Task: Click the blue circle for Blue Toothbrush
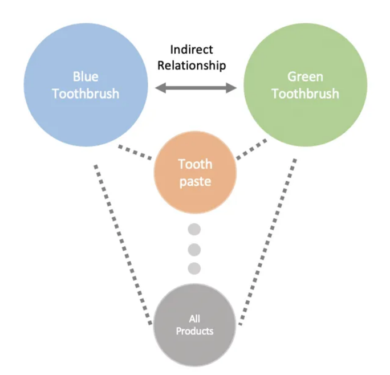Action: point(86,85)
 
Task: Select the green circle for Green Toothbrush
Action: point(305,85)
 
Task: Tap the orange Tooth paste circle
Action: point(195,172)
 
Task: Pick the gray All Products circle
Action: point(194,325)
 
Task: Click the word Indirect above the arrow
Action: point(192,50)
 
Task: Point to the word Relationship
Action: point(192,66)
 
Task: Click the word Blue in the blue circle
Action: point(86,76)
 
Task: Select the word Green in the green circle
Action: point(305,76)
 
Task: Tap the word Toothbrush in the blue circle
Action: point(86,93)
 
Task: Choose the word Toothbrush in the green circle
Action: point(306,93)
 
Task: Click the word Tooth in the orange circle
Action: point(195,164)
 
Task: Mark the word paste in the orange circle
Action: point(195,182)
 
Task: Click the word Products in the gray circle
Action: point(195,331)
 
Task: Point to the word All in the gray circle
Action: point(194,319)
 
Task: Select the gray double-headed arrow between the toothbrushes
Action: point(196,88)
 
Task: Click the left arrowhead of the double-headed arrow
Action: point(160,88)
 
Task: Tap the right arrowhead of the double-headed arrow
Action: point(231,88)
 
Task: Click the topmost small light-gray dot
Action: point(194,229)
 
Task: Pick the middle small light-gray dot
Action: point(194,250)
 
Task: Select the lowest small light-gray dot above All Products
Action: point(194,268)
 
